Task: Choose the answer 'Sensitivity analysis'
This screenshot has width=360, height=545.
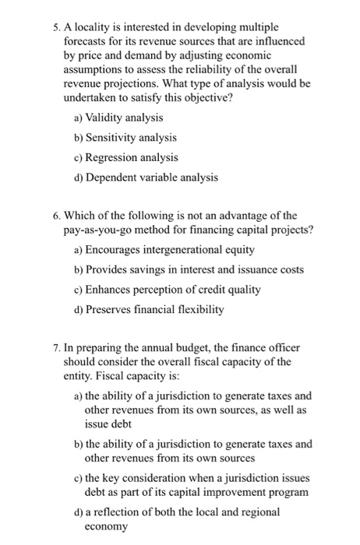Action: click(x=132, y=137)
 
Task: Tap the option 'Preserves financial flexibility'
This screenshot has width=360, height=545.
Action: click(x=157, y=310)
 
